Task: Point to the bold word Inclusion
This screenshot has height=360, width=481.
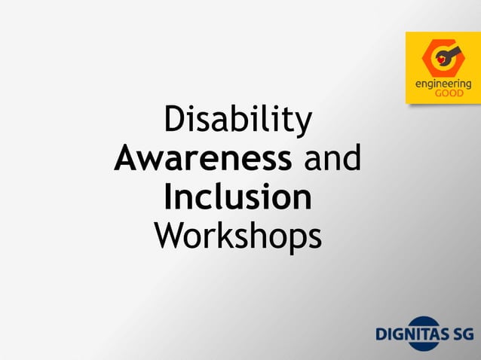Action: point(237,198)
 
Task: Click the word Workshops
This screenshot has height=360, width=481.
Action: point(237,236)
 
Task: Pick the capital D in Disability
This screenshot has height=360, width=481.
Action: point(174,122)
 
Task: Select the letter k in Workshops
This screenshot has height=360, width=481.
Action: point(230,236)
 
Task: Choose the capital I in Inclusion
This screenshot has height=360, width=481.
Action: point(169,198)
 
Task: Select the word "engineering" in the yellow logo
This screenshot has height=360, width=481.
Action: point(443,85)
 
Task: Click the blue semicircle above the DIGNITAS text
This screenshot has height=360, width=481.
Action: point(415,322)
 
